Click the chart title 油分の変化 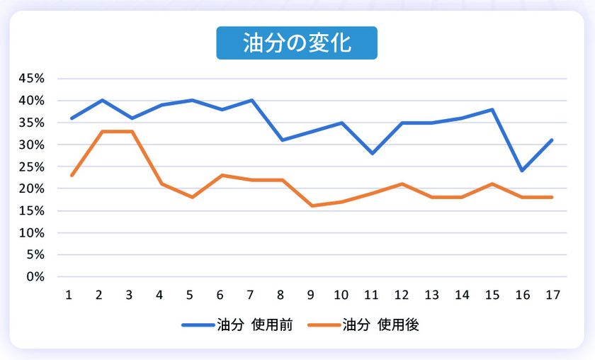pyautogui.click(x=296, y=43)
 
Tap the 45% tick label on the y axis pyautogui.click(x=31, y=79)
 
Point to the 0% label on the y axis pyautogui.click(x=35, y=276)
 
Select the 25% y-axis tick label pyautogui.click(x=31, y=167)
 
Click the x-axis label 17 pyautogui.click(x=552, y=295)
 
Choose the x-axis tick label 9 pyautogui.click(x=312, y=295)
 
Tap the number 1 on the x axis pyautogui.click(x=69, y=295)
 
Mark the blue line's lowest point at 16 pyautogui.click(x=522, y=171)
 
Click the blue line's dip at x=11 pyautogui.click(x=372, y=153)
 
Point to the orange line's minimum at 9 pyautogui.click(x=312, y=206)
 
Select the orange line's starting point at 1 pyautogui.click(x=72, y=175)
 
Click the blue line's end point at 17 pyautogui.click(x=552, y=140)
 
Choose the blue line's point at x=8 pyautogui.click(x=281, y=140)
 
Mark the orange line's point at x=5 pyautogui.click(x=191, y=197)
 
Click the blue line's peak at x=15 pyautogui.click(x=492, y=110)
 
